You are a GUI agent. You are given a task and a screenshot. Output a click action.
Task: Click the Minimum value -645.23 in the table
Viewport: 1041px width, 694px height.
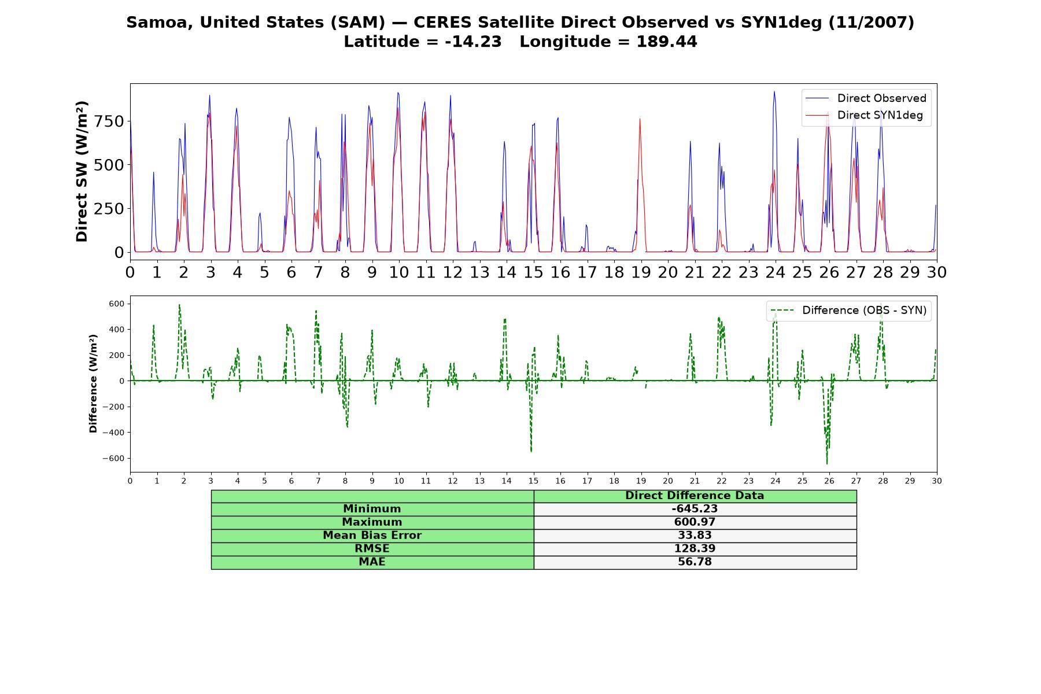[x=695, y=509]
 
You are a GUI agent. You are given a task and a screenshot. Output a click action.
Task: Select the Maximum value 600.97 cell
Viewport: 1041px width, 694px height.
[x=695, y=522]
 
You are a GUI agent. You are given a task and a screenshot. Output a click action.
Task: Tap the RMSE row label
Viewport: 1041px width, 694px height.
[x=372, y=549]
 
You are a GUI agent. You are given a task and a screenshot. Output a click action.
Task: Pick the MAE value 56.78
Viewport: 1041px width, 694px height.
[x=695, y=562]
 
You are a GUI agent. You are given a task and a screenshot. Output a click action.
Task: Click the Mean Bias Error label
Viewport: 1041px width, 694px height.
[x=372, y=536]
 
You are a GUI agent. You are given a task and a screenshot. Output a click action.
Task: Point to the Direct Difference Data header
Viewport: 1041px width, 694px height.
[x=695, y=496]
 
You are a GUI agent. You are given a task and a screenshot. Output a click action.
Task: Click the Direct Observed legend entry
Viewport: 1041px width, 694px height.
[x=866, y=98]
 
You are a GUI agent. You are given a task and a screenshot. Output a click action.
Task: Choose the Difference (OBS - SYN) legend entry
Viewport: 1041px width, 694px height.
[x=848, y=311]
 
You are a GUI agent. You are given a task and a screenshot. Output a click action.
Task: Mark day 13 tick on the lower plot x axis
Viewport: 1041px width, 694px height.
[x=479, y=481]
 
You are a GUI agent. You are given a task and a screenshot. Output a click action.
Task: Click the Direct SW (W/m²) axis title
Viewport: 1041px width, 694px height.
[x=82, y=171]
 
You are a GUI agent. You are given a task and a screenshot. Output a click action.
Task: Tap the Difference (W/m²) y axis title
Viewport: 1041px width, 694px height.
[x=93, y=384]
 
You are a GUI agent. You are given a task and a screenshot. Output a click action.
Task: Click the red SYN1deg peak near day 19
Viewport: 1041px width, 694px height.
[x=640, y=119]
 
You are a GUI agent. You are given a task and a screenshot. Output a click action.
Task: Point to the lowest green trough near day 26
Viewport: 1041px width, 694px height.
[x=826, y=463]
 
